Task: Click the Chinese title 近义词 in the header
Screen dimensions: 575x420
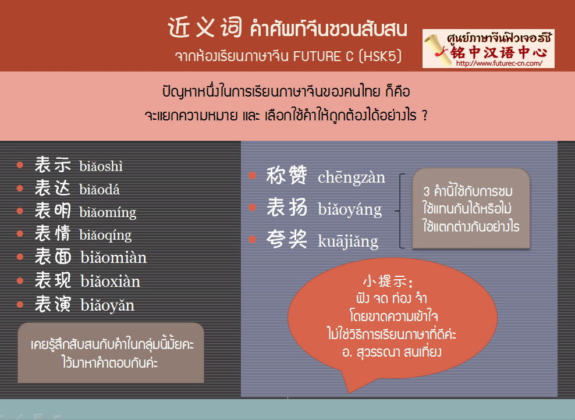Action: point(205,27)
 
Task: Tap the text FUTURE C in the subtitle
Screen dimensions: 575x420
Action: point(323,56)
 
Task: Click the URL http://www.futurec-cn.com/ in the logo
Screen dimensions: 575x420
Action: point(499,63)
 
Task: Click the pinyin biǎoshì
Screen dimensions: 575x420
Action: point(101,166)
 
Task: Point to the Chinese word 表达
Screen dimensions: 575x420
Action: point(52,188)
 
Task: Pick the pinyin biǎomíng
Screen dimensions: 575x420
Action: point(108,213)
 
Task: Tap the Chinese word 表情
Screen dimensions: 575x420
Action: point(52,233)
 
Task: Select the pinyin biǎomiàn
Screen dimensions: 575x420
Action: point(113,258)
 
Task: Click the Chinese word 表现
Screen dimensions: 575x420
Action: point(52,280)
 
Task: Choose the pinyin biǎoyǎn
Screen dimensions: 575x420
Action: point(108,305)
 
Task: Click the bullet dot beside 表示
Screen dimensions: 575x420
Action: point(20,165)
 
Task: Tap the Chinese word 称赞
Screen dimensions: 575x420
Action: point(286,175)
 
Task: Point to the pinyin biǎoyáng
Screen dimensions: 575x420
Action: point(349,209)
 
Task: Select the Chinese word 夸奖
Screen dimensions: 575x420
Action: point(286,239)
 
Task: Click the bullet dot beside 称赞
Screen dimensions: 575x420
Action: point(253,175)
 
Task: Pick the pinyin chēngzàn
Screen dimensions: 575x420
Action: point(352,177)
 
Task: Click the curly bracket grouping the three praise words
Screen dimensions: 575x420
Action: point(399,211)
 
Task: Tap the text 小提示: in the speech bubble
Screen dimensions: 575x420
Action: point(388,282)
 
